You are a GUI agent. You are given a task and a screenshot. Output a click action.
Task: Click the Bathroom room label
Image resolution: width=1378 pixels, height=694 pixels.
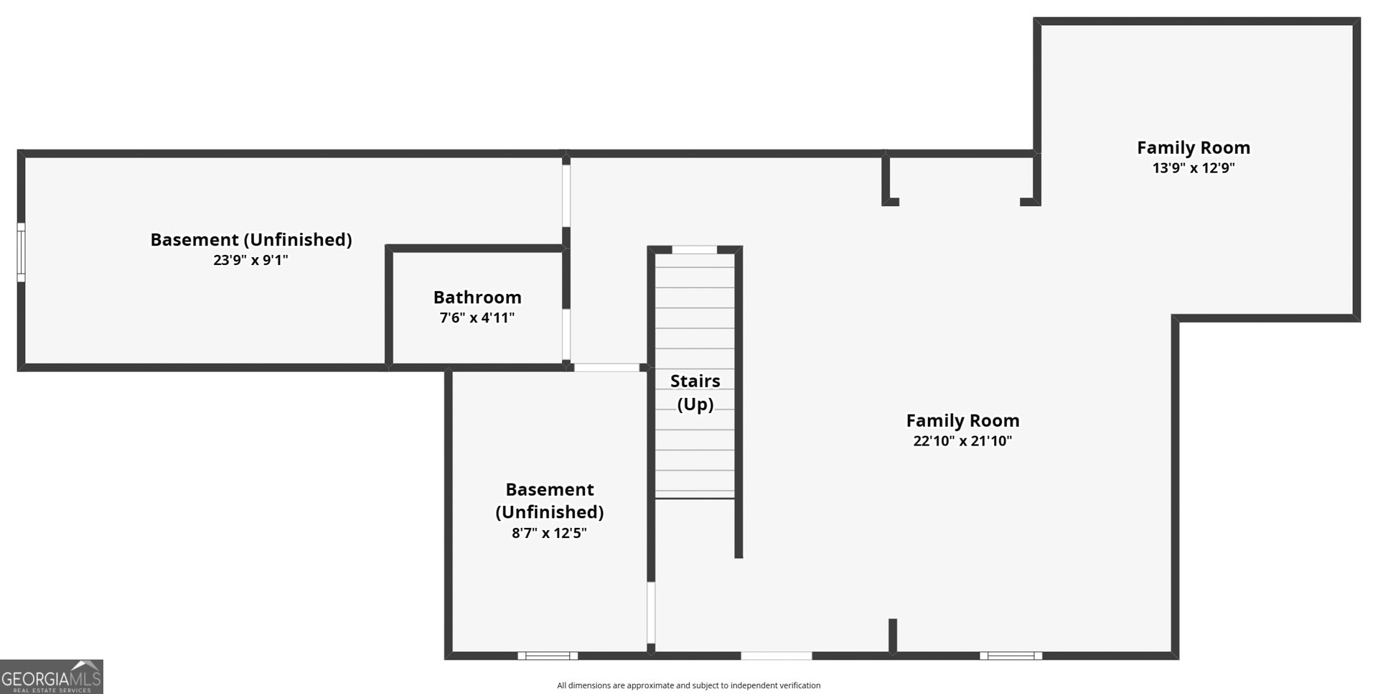click(x=477, y=297)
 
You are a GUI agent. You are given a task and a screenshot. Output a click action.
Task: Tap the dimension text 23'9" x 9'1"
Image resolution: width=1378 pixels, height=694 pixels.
click(x=250, y=260)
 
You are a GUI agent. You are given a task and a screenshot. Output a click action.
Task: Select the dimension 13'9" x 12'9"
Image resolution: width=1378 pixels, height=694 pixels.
click(x=1194, y=168)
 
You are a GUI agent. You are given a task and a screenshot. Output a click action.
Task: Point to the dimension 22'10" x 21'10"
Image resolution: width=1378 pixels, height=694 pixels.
click(x=962, y=441)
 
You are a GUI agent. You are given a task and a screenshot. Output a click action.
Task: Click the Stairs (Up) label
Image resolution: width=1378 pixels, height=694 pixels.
click(x=695, y=392)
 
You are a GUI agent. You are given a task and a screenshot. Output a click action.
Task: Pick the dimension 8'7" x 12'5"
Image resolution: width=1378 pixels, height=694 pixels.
click(x=549, y=533)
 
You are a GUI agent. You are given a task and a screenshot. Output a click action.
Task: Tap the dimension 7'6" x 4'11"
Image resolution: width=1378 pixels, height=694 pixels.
click(x=477, y=318)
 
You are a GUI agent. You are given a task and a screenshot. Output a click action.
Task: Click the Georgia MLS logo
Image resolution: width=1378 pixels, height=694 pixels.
click(x=52, y=677)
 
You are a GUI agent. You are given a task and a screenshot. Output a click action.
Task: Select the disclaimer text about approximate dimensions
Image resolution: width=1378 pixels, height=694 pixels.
click(x=689, y=685)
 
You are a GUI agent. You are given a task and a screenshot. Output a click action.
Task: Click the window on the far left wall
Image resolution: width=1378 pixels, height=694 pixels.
click(x=21, y=252)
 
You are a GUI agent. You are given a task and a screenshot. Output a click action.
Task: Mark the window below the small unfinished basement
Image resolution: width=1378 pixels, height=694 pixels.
click(x=548, y=655)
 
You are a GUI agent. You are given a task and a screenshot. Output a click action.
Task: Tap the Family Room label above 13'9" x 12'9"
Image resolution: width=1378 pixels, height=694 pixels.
click(x=1194, y=147)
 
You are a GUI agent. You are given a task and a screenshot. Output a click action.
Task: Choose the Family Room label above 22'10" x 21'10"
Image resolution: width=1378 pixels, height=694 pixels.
click(x=962, y=420)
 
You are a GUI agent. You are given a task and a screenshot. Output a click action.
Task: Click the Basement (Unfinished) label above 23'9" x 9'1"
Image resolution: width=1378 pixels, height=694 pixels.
click(x=251, y=240)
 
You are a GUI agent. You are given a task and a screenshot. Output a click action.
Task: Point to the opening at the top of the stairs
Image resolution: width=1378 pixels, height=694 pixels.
click(x=694, y=250)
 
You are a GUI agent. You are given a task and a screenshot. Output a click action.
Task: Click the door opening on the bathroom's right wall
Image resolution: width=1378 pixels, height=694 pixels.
click(x=566, y=334)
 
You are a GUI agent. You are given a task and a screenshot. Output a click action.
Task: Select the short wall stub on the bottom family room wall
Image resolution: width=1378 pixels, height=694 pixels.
click(x=893, y=637)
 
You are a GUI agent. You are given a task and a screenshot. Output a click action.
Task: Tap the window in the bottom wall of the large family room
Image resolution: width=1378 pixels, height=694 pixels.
click(x=1011, y=655)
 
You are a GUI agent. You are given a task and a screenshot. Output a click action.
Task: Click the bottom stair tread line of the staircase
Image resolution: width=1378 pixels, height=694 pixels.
click(x=695, y=498)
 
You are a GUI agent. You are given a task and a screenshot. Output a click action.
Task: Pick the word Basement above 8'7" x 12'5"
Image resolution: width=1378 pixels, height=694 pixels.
click(x=550, y=490)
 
